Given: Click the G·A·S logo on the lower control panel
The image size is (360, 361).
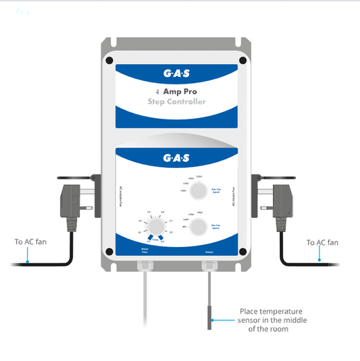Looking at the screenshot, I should pyautogui.click(x=179, y=158).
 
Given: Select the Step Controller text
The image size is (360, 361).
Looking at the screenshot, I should pyautogui.click(x=177, y=102).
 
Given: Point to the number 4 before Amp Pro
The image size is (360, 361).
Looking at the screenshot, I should pyautogui.click(x=157, y=91).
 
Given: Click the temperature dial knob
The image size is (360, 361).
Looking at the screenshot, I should pyautogui.click(x=155, y=225).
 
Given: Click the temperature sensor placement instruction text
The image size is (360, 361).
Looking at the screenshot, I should pyautogui.click(x=269, y=320).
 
